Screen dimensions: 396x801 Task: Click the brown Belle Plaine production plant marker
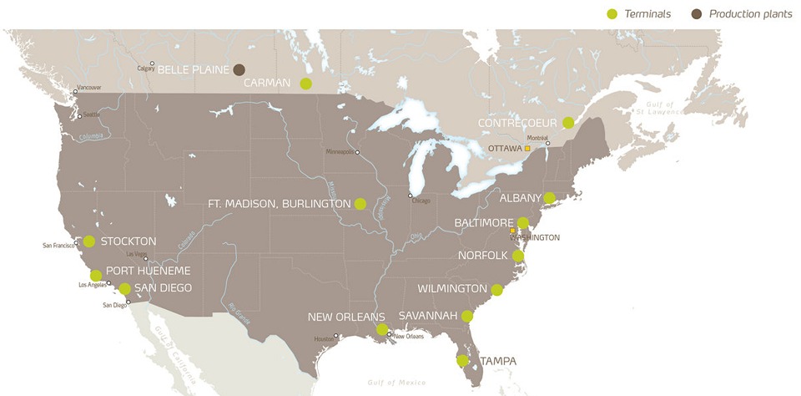pyautogui.click(x=239, y=69)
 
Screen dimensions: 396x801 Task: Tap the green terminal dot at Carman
pyautogui.click(x=305, y=83)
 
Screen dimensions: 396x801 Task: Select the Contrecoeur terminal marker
pyautogui.click(x=568, y=123)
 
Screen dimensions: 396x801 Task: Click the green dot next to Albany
pyautogui.click(x=549, y=198)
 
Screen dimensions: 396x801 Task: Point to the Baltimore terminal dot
pyautogui.click(x=522, y=223)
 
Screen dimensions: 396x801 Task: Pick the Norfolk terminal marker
pyautogui.click(x=518, y=256)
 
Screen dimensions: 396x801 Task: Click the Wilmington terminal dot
pyautogui.click(x=497, y=289)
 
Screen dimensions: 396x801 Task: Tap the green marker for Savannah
pyautogui.click(x=467, y=316)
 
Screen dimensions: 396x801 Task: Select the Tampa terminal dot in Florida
pyautogui.click(x=462, y=361)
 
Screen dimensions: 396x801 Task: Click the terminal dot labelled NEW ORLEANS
pyautogui.click(x=381, y=329)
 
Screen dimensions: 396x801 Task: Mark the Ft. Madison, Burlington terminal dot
pyautogui.click(x=360, y=203)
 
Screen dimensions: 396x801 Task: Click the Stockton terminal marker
pyautogui.click(x=89, y=241)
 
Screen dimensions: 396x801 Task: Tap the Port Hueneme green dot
pyautogui.click(x=96, y=275)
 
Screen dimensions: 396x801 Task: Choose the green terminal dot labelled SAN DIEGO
pyautogui.click(x=124, y=288)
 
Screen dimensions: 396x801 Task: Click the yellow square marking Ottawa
pyautogui.click(x=527, y=148)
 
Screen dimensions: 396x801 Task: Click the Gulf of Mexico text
pyautogui.click(x=396, y=382)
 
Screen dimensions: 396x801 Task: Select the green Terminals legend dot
pyautogui.click(x=613, y=13)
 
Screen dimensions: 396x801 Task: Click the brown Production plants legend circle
pyautogui.click(x=697, y=13)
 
